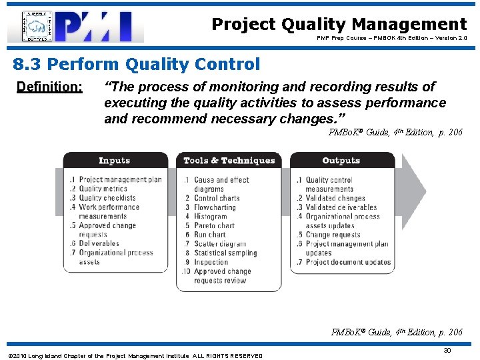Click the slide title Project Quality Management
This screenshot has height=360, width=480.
click(339, 25)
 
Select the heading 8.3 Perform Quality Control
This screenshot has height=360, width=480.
click(137, 65)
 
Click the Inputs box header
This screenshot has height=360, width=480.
click(115, 161)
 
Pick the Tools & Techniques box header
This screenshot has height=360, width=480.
click(229, 161)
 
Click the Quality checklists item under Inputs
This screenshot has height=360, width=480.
click(107, 198)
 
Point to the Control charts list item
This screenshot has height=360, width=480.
click(216, 198)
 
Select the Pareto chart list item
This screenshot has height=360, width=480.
click(214, 225)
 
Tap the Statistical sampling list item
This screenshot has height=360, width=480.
click(226, 253)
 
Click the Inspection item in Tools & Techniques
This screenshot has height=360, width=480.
click(213, 262)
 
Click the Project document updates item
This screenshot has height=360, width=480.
click(348, 262)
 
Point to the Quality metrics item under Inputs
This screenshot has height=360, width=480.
click(103, 189)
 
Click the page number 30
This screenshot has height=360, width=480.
click(447, 351)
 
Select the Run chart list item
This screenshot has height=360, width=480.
click(209, 235)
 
